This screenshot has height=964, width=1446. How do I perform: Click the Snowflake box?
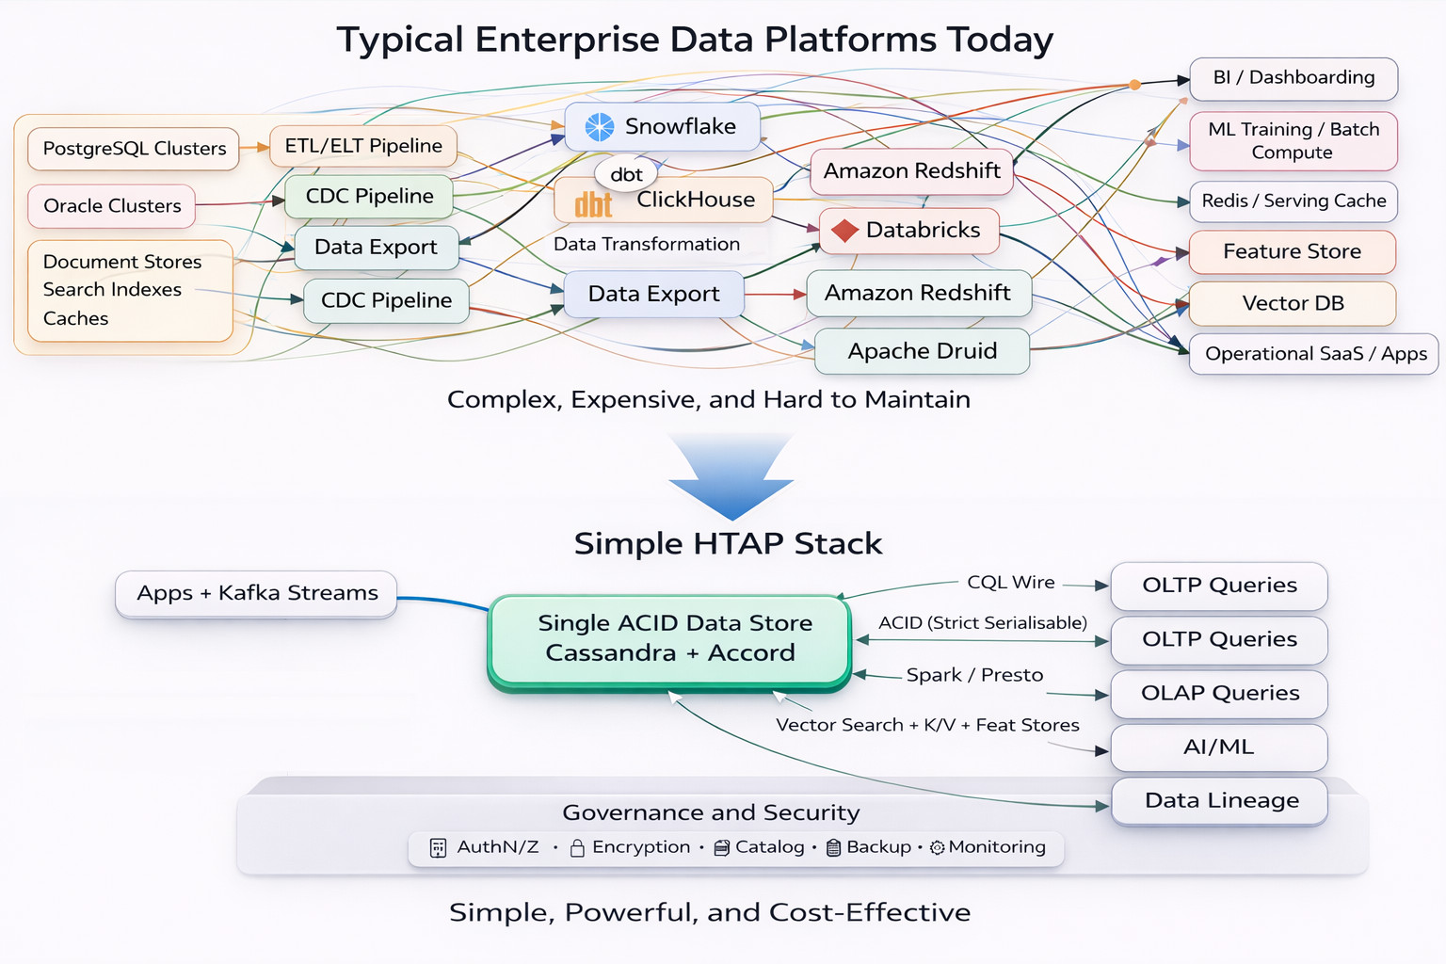pos(663,127)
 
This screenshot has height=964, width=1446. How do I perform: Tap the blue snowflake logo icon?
pos(600,127)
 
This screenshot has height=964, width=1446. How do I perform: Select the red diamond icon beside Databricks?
pos(844,231)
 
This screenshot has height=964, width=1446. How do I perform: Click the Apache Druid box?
pos(921,351)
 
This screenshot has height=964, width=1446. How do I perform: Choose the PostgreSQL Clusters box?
pos(134,149)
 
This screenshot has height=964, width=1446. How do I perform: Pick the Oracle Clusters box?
pos(111,206)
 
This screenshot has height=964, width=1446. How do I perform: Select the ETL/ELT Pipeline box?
pos(363,146)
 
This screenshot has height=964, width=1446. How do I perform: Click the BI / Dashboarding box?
pos(1293,78)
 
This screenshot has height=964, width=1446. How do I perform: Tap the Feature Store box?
pos(1292,251)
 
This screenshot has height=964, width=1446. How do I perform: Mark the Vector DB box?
pos(1292,303)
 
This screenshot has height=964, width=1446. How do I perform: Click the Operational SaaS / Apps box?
pos(1314,354)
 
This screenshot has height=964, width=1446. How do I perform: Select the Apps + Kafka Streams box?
pos(256,593)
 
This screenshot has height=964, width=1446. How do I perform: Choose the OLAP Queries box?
pos(1219,694)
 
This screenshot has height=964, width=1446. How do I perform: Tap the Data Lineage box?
pos(1220,801)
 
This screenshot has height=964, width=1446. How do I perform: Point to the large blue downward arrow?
pos(731,475)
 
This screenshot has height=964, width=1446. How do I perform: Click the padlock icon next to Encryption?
pos(577,848)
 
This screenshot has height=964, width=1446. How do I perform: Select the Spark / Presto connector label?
pos(974,675)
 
